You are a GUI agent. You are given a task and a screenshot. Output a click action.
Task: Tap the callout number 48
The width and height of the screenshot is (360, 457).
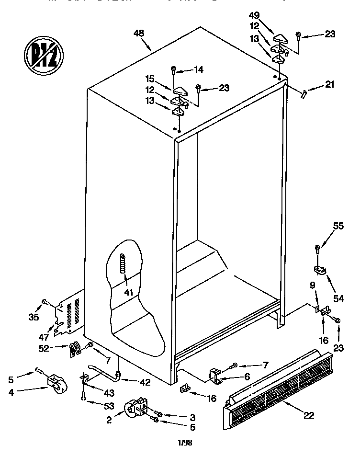coord(139,34)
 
